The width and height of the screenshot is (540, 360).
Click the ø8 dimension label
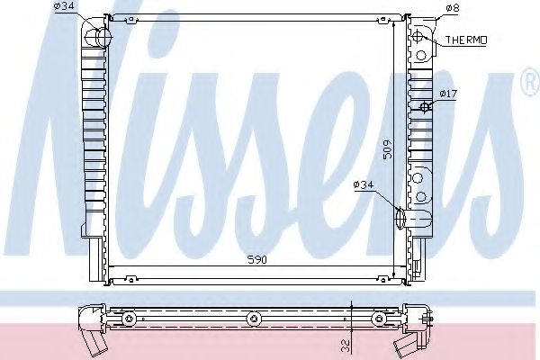pos(453,8)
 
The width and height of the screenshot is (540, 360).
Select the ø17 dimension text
pos(448,93)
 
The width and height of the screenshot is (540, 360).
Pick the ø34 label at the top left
pos(64,7)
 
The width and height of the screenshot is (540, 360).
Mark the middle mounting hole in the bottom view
pos(254,317)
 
